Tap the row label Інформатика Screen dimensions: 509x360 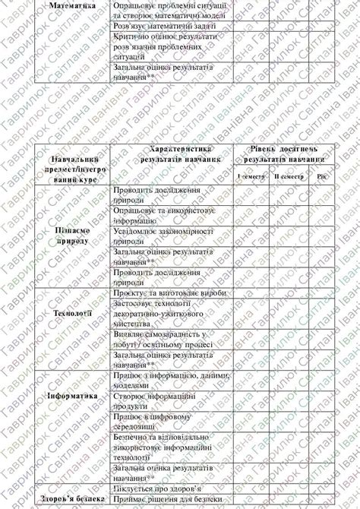click(73, 397)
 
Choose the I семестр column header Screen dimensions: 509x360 click(251, 176)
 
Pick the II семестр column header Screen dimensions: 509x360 click(289, 176)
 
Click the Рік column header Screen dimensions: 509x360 click(322, 176)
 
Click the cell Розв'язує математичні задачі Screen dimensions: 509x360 click(154, 27)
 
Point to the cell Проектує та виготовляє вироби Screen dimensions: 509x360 click(159, 292)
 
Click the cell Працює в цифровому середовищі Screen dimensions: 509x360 click(151, 422)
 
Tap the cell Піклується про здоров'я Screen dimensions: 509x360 click(156, 490)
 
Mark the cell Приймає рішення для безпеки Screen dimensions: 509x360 click(163, 501)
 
